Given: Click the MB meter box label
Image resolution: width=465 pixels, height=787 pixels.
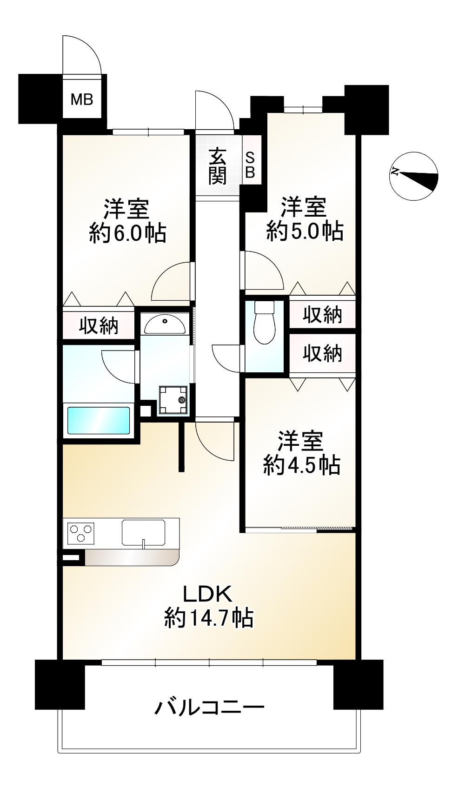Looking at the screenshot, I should click(82, 99).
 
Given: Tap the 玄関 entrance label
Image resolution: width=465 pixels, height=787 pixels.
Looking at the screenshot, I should click(217, 166).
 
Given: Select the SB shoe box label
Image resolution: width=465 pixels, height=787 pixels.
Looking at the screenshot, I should click(250, 165).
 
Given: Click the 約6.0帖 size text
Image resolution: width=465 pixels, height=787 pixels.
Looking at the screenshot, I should click(127, 233).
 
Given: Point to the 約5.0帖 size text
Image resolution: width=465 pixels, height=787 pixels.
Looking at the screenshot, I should click(305, 231).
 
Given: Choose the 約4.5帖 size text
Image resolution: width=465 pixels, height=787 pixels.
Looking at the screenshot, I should click(302, 464).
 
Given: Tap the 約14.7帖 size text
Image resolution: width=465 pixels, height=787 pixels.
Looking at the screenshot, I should click(209, 618).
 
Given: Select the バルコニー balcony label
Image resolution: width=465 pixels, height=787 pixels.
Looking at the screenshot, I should click(209, 708).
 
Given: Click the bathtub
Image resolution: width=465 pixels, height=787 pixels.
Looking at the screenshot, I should click(99, 420).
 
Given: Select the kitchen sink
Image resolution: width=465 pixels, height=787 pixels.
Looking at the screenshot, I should click(143, 533).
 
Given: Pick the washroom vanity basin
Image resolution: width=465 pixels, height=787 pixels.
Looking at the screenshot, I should click(164, 324).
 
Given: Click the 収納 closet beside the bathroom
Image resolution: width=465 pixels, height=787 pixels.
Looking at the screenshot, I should click(99, 326).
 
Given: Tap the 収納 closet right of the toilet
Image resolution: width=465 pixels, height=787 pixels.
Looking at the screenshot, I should click(322, 315).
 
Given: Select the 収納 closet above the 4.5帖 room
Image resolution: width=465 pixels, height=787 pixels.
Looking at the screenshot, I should click(322, 354).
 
